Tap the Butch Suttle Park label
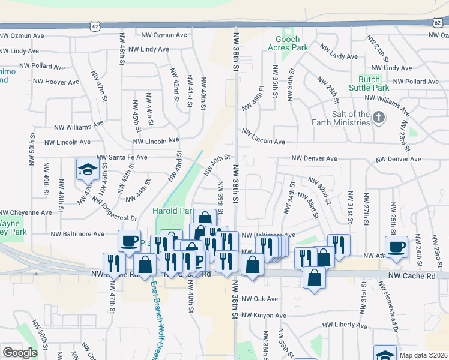point(369,83)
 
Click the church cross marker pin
point(379,117)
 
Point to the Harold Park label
point(173,211)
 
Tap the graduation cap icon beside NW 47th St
point(87,170)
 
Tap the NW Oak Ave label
point(262,299)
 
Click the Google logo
point(20,353)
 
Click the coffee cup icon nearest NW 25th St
point(396,247)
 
